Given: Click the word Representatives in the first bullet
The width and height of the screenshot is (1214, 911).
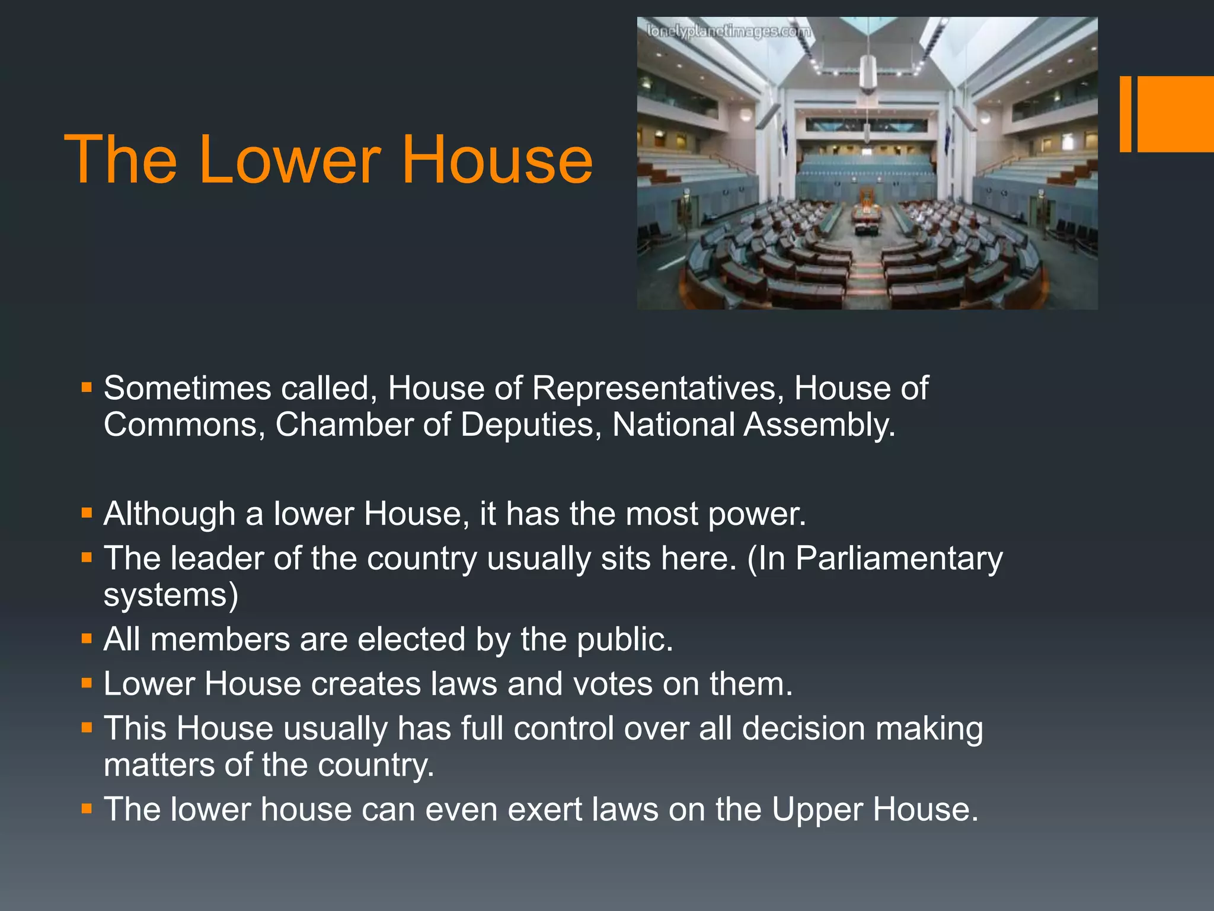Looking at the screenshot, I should (654, 388).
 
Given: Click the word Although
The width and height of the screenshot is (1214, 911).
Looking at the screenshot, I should (169, 514).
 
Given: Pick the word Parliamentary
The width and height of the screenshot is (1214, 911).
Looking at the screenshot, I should (899, 559).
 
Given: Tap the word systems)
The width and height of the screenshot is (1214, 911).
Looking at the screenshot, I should (171, 595).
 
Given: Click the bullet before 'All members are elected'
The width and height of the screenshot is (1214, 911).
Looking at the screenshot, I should (87, 639).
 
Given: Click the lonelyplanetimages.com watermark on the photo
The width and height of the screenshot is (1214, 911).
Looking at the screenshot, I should (728, 31).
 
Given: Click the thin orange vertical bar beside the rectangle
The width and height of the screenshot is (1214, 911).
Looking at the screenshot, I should (1125, 114).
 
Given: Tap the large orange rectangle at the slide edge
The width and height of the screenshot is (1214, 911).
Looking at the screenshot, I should (1175, 114).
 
